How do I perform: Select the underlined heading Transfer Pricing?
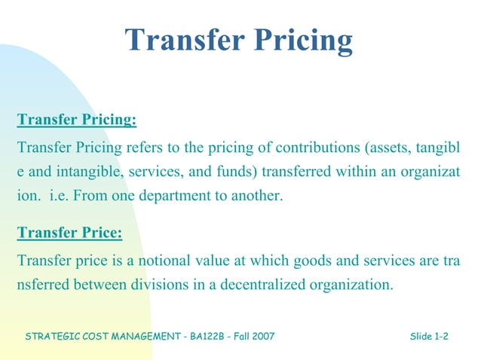pos(77,120)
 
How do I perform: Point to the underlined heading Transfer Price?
pos(69,233)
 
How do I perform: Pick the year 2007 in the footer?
pos(263,336)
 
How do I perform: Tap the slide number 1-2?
pos(441,336)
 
